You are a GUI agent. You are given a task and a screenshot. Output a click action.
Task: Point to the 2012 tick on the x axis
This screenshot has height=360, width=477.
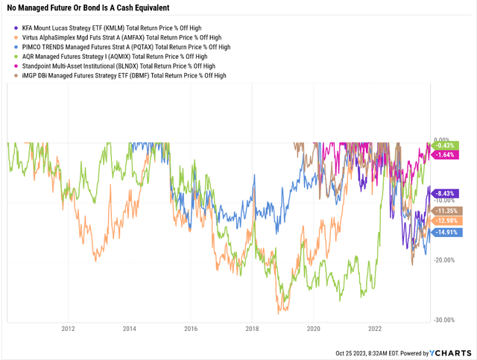click(69, 328)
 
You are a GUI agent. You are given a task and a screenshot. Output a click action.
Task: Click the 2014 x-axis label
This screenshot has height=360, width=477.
click(130, 328)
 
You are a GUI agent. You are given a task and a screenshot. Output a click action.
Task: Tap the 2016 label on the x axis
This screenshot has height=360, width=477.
click(191, 328)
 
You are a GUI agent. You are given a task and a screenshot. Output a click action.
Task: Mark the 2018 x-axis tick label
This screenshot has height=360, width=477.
click(252, 328)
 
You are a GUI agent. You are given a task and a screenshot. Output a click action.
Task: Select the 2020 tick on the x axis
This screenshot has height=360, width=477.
click(313, 328)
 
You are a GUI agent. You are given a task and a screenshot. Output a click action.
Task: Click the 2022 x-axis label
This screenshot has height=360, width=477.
click(375, 328)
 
